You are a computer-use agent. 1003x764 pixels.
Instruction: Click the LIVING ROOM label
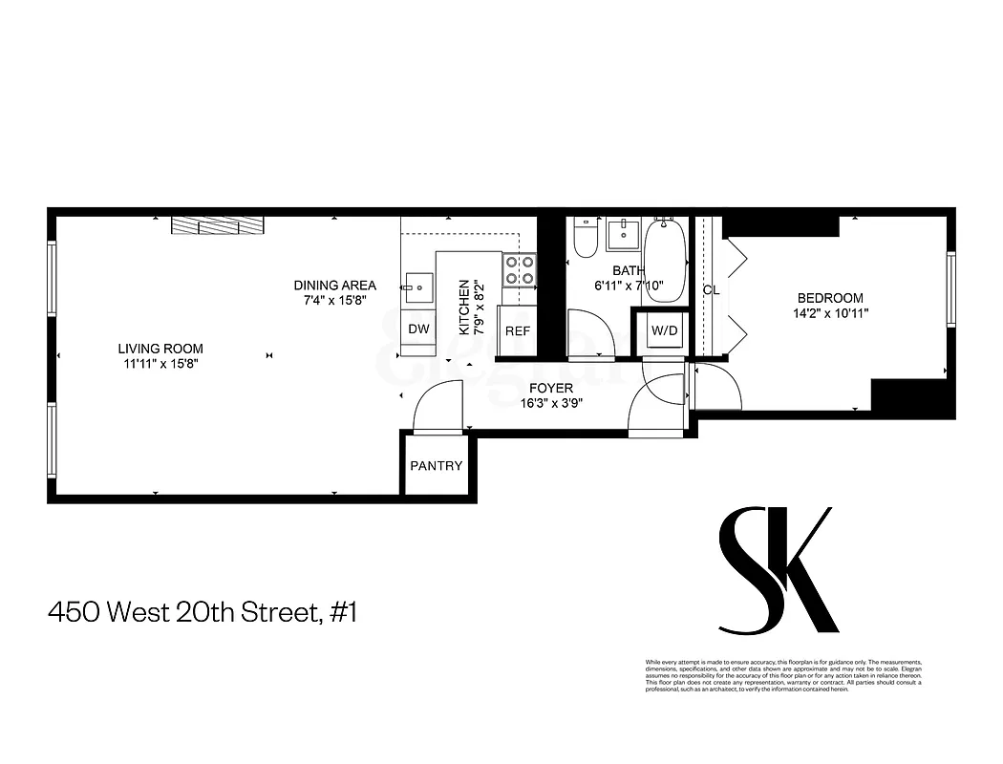(x=160, y=349)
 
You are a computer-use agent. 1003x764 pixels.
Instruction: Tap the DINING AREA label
(x=334, y=285)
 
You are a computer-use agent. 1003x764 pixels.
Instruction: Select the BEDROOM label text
(x=830, y=298)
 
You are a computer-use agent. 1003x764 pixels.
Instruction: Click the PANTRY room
(x=437, y=466)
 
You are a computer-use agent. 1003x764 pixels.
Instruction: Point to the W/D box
(x=664, y=331)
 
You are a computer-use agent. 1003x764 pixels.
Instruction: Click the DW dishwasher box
(x=418, y=329)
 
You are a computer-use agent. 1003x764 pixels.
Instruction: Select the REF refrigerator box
(x=518, y=330)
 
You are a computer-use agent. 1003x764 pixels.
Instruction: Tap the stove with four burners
(x=520, y=270)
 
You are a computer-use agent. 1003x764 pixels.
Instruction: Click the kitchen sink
(x=418, y=286)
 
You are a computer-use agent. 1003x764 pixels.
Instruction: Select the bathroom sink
(x=627, y=232)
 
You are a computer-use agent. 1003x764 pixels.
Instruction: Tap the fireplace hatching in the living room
(x=218, y=224)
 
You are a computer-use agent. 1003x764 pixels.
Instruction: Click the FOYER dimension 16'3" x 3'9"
(x=552, y=403)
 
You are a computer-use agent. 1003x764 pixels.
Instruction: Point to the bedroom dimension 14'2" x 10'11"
(x=830, y=312)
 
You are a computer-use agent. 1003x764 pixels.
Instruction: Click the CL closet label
(x=711, y=290)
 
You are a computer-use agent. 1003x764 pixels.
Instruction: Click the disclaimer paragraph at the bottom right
(x=782, y=676)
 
